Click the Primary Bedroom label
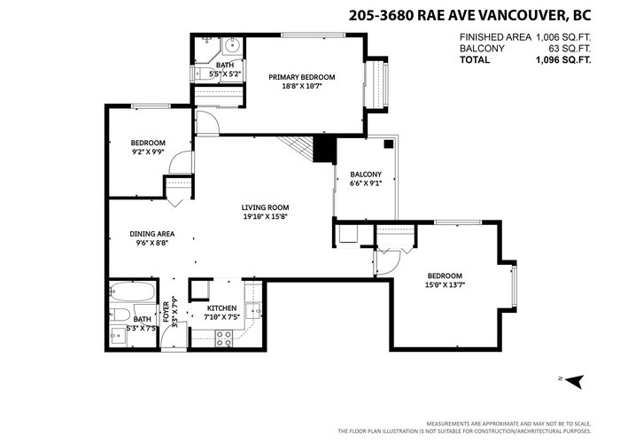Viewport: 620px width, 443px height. point(302,77)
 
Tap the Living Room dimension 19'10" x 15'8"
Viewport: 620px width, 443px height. point(265,216)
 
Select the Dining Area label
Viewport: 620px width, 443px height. point(151,234)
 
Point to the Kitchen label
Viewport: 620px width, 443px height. point(221,308)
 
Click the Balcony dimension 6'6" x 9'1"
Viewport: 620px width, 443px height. point(366,183)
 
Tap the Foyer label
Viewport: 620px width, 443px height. point(167,312)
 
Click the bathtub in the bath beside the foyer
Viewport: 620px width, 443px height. point(132,291)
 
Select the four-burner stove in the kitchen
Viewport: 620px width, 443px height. point(223,339)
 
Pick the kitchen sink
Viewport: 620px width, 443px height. point(253,310)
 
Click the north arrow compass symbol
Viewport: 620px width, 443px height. point(575,381)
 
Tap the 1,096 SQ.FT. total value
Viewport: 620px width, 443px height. point(563,59)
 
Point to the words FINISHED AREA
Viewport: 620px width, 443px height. point(495,37)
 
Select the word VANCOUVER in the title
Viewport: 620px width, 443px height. point(520,15)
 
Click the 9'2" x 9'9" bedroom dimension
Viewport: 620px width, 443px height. point(148,152)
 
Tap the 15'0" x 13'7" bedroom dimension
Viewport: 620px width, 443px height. point(445,284)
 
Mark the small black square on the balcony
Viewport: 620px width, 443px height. point(389,144)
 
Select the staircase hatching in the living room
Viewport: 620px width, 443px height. point(295,149)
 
